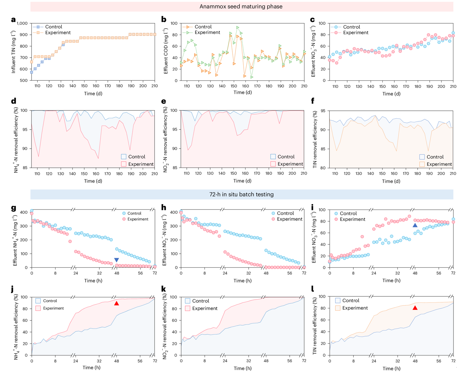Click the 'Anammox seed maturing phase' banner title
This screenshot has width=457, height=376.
(241, 6)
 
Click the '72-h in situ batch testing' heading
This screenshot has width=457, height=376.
(241, 194)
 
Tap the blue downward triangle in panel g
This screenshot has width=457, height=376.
(116, 260)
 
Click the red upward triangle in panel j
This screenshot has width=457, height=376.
(116, 303)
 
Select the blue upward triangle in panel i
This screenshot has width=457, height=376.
(415, 225)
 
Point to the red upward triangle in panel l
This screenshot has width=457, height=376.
(415, 308)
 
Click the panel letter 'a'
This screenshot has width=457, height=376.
(13, 20)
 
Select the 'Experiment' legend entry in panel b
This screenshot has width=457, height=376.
(207, 33)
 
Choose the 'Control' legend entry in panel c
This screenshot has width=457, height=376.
(351, 27)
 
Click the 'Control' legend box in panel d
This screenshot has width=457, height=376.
(124, 156)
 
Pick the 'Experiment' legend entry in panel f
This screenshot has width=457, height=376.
(439, 164)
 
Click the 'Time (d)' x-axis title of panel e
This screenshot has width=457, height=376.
(242, 181)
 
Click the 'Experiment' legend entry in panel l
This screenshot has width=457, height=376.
(355, 308)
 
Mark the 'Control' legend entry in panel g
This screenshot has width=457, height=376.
(134, 213)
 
